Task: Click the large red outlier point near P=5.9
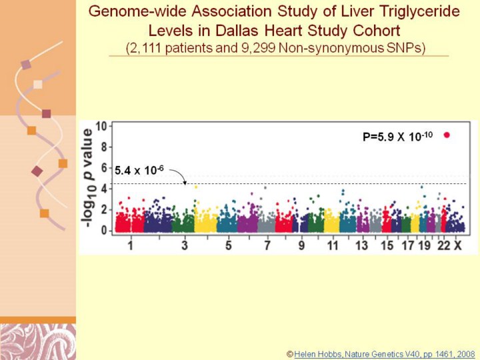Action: click(x=447, y=135)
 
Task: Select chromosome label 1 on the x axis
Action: click(x=131, y=246)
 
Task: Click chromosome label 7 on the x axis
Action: click(x=267, y=246)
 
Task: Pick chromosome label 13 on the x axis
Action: click(x=361, y=246)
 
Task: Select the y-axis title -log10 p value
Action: click(x=89, y=179)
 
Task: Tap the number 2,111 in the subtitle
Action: click(x=148, y=48)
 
